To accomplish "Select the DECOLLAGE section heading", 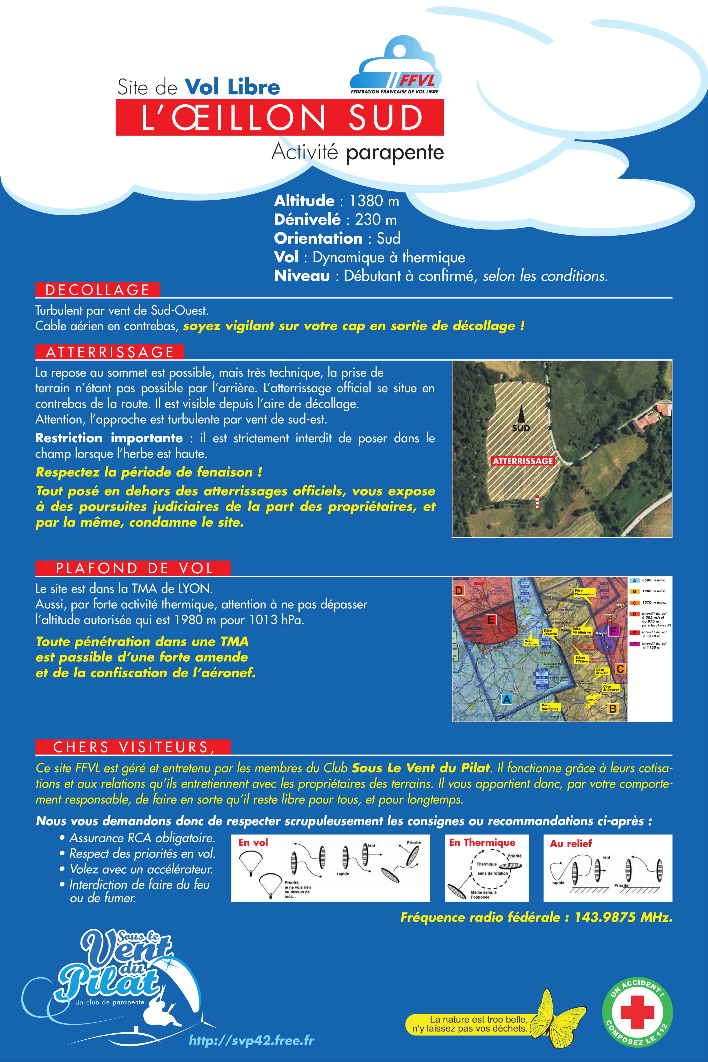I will [x=98, y=290].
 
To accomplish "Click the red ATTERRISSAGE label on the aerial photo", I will [x=522, y=461].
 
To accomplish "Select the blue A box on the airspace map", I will [x=507, y=699].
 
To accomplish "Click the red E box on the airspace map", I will [x=491, y=619].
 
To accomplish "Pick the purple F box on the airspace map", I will [x=613, y=631].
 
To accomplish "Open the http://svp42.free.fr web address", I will [x=252, y=1040].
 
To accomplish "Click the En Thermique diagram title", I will [x=482, y=843].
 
